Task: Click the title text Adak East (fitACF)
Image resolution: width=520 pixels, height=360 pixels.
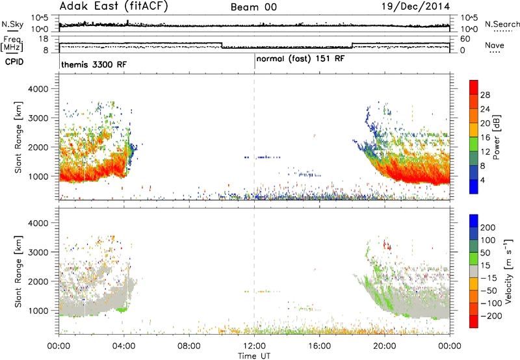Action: (114, 6)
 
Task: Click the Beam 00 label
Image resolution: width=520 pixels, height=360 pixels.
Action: (253, 7)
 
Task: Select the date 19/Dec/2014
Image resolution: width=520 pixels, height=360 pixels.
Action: (415, 6)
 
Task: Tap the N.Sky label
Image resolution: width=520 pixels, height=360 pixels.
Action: (12, 24)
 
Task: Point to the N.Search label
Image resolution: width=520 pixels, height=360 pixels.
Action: (502, 24)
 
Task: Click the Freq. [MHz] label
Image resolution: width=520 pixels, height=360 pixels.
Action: (12, 44)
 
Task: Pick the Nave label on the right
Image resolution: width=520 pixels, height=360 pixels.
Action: (495, 45)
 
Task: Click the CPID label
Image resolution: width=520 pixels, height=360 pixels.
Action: (14, 62)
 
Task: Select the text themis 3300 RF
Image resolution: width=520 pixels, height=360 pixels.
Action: (94, 64)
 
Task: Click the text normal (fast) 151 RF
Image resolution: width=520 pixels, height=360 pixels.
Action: (300, 59)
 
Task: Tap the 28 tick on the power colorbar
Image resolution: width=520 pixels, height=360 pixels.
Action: (485, 95)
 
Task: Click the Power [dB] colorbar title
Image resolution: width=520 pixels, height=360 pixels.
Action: (496, 137)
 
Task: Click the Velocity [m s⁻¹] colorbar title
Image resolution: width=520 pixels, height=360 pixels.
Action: (508, 271)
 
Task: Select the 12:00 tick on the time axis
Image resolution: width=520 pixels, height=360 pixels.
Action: (254, 346)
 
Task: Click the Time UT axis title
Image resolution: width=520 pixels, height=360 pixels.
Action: (254, 356)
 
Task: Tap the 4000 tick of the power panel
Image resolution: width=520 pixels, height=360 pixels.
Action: (38, 89)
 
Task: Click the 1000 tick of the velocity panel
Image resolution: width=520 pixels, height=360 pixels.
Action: (38, 311)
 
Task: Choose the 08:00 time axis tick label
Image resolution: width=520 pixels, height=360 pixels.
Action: (189, 346)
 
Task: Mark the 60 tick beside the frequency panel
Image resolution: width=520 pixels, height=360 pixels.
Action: (465, 39)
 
